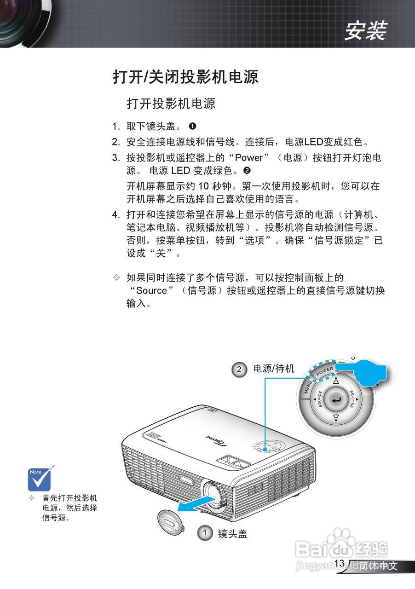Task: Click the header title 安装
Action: coord(366,31)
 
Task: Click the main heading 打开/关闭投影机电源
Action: coord(185,76)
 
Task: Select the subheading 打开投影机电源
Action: coord(171,103)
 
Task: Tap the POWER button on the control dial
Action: coord(325,370)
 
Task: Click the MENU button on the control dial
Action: coord(308,387)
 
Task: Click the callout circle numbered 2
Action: coord(239,370)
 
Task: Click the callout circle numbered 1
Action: coord(205,533)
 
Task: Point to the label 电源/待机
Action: coord(274,369)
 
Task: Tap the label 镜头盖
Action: coord(232,533)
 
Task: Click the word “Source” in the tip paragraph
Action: coord(148,290)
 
